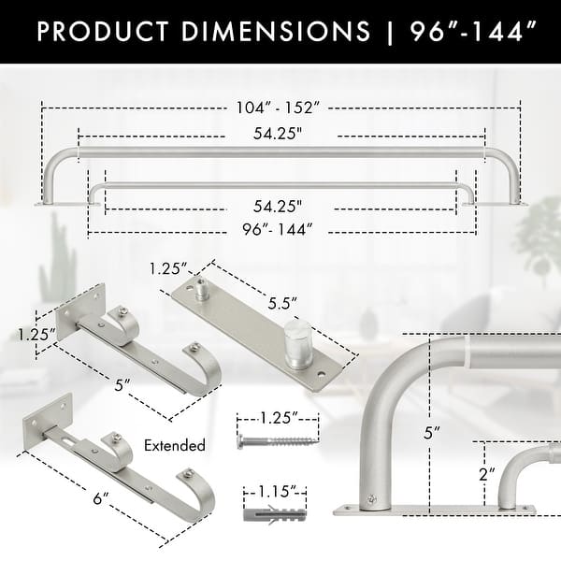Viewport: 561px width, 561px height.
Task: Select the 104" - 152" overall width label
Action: [281, 108]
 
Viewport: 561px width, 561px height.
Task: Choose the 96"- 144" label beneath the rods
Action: [278, 227]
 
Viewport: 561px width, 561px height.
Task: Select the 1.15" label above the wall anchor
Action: [272, 490]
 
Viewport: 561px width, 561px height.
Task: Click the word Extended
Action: [175, 446]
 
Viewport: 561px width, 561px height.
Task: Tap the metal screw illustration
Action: [272, 441]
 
